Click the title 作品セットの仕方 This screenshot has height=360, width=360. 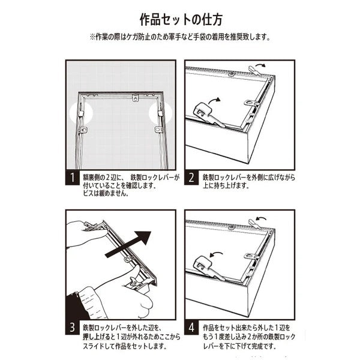[181, 20]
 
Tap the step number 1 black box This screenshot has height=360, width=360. [73, 178]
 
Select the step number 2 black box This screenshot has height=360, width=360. [191, 177]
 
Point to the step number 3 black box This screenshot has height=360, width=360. [73, 327]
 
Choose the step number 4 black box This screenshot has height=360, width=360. [191, 327]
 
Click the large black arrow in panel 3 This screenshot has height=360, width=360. [128, 245]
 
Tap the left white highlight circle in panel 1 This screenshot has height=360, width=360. [81, 113]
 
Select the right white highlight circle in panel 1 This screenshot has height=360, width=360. [160, 113]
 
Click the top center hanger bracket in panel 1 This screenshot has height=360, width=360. [135, 98]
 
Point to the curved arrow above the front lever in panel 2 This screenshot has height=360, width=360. [214, 100]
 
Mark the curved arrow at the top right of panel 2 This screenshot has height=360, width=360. [260, 65]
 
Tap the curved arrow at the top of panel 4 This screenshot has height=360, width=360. [261, 218]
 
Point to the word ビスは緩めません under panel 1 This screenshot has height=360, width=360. [106, 193]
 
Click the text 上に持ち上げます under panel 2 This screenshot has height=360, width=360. [226, 185]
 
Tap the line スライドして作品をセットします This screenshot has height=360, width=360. [125, 346]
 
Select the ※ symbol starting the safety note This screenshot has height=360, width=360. [92, 37]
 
